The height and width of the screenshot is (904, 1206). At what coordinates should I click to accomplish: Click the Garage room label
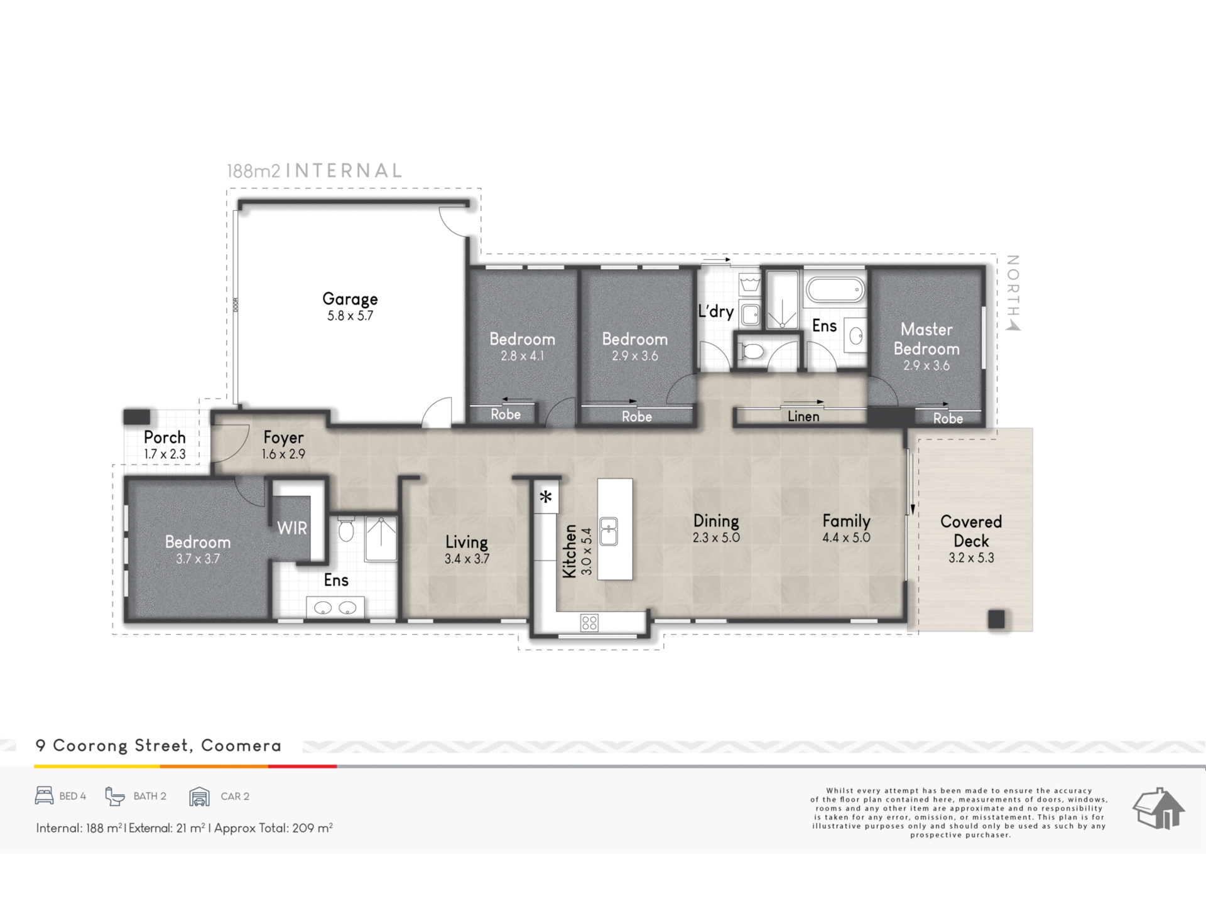tap(350, 299)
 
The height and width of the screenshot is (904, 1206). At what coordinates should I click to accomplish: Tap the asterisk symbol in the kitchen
tap(546, 497)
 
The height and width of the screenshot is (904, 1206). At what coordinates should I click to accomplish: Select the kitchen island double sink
tap(608, 532)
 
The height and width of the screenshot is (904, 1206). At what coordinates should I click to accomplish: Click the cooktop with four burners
tap(589, 623)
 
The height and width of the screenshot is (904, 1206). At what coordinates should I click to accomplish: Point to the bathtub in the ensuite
tap(835, 291)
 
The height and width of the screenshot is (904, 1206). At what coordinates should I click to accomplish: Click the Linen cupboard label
tap(803, 416)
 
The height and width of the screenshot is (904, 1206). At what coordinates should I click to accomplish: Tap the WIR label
tap(292, 528)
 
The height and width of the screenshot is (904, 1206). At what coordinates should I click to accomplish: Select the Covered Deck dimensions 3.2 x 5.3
tap(971, 557)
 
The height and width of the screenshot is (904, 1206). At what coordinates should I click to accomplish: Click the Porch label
tap(165, 437)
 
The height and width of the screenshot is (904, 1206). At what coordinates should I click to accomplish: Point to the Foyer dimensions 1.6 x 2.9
tap(283, 454)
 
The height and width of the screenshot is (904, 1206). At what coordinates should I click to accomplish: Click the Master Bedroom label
tap(926, 339)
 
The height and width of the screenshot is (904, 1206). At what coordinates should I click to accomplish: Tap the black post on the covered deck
tap(996, 619)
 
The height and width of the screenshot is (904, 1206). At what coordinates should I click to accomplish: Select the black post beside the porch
tap(136, 417)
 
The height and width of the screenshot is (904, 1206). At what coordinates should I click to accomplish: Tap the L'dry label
tap(716, 311)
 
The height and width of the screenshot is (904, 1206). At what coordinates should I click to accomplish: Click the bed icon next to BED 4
tap(44, 795)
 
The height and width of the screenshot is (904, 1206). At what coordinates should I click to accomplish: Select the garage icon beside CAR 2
tap(199, 796)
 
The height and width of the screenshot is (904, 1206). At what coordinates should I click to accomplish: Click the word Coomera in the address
tap(241, 746)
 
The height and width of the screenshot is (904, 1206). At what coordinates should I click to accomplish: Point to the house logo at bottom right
tap(1158, 809)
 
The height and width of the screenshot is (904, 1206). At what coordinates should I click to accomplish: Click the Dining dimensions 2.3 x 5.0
tap(716, 537)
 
